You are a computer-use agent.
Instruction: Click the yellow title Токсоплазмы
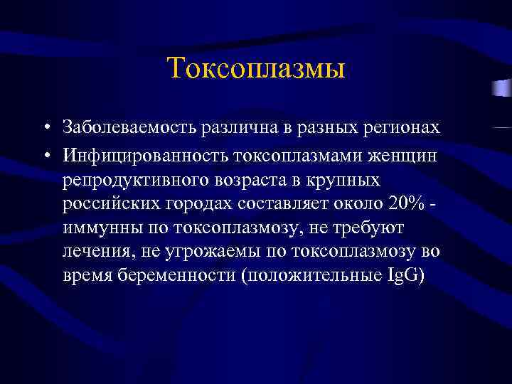coord(256,69)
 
